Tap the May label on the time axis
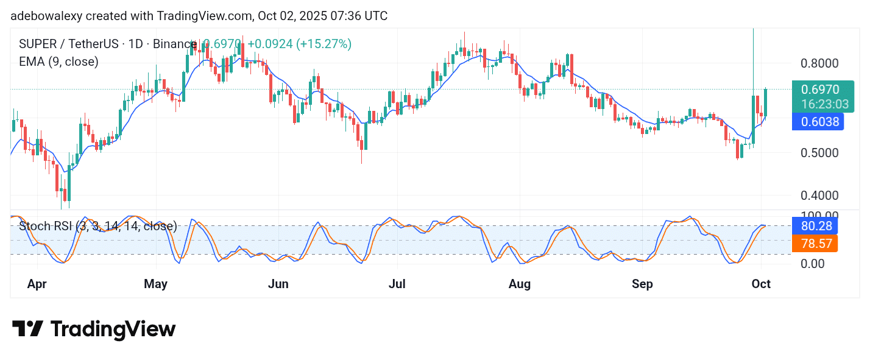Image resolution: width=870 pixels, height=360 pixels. (x=156, y=284)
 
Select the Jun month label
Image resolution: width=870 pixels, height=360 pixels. (x=278, y=284)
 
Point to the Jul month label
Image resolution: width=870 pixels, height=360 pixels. (x=397, y=284)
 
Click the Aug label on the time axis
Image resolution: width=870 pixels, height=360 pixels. (x=519, y=284)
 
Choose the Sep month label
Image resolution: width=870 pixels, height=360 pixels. (x=642, y=284)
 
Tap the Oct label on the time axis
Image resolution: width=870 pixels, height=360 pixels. (x=761, y=284)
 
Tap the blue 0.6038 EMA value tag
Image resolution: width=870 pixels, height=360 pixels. (x=817, y=122)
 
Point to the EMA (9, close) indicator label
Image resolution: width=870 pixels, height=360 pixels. (x=58, y=62)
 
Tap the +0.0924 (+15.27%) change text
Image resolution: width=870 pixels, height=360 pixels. (x=299, y=44)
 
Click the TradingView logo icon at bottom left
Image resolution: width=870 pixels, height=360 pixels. (x=27, y=330)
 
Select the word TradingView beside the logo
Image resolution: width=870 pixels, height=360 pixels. (x=113, y=330)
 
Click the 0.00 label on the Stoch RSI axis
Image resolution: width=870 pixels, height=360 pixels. (x=813, y=264)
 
